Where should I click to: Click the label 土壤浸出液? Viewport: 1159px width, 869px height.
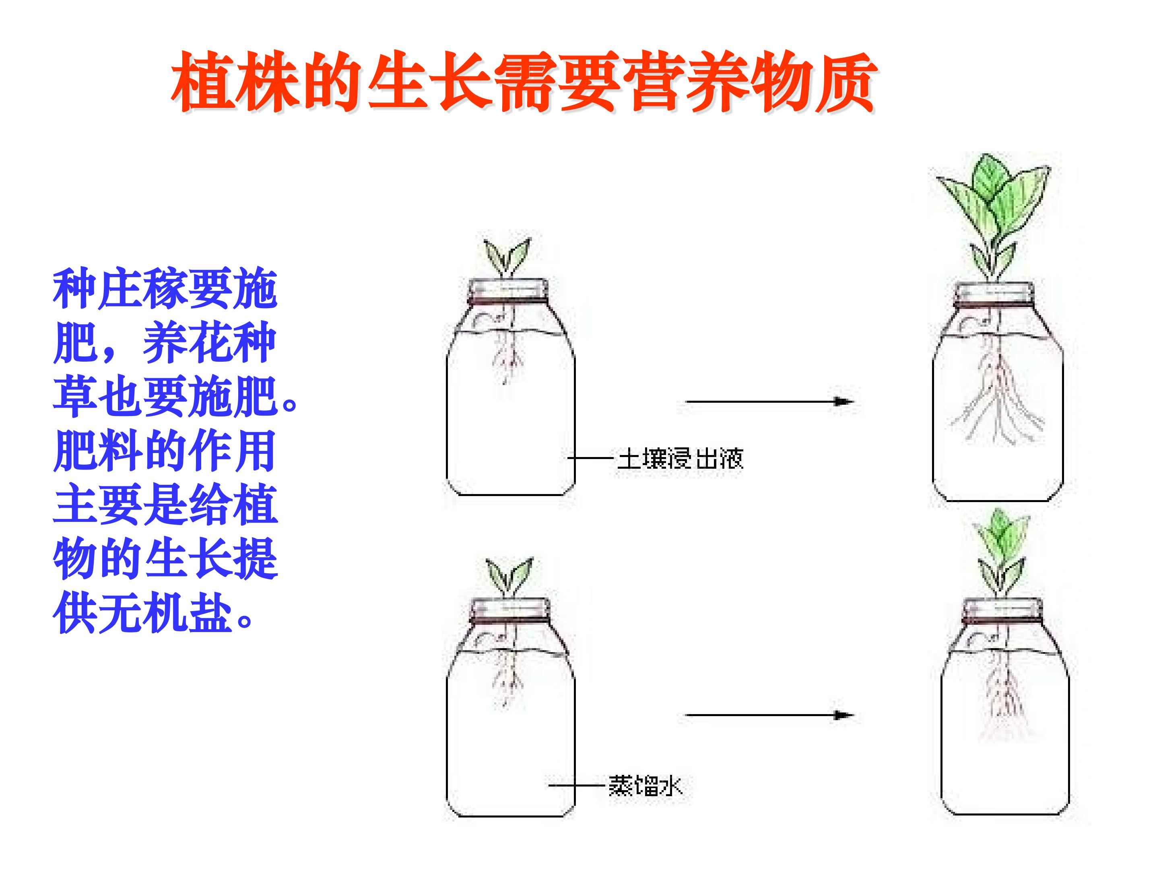(680, 459)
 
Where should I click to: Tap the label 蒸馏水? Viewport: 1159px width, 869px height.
(645, 801)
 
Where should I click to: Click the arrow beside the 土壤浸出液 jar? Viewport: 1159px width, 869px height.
(770, 402)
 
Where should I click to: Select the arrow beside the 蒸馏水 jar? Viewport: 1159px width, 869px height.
(770, 715)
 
